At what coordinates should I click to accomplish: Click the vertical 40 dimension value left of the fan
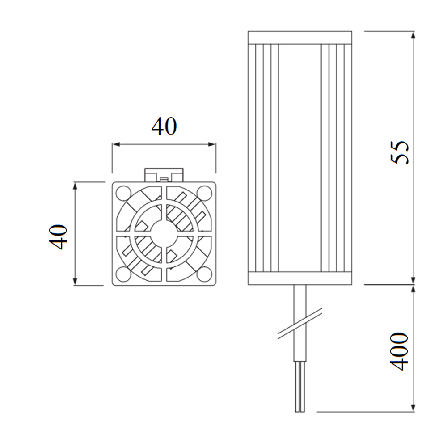click(x=59, y=236)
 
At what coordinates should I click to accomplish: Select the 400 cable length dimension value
click(x=400, y=351)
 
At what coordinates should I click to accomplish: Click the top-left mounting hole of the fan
click(x=122, y=193)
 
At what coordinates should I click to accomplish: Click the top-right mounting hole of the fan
click(x=204, y=193)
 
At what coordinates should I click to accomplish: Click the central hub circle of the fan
click(x=163, y=233)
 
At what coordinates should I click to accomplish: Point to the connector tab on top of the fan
click(x=164, y=174)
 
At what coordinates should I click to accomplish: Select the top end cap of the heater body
click(x=299, y=38)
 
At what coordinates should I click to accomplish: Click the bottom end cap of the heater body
click(x=299, y=278)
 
